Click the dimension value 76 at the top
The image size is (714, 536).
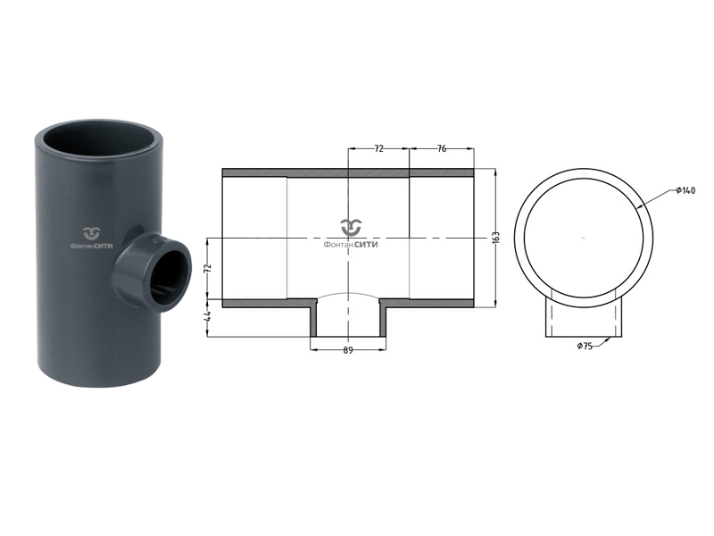pos(442,149)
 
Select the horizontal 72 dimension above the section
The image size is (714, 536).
pos(378,149)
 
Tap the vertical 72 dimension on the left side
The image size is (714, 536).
pos(207,268)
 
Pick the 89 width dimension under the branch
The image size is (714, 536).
pos(348,350)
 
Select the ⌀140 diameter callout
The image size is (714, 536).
pos(685,190)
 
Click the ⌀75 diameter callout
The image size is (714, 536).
pos(585,346)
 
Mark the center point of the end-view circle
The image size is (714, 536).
pos(584,238)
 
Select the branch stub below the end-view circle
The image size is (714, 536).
pos(584,318)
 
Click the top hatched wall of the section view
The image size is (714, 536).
pos(348,172)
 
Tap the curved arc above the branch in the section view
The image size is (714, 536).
pos(348,294)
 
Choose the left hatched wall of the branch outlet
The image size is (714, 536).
pos(313,321)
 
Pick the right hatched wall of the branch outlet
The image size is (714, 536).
pos(383,321)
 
